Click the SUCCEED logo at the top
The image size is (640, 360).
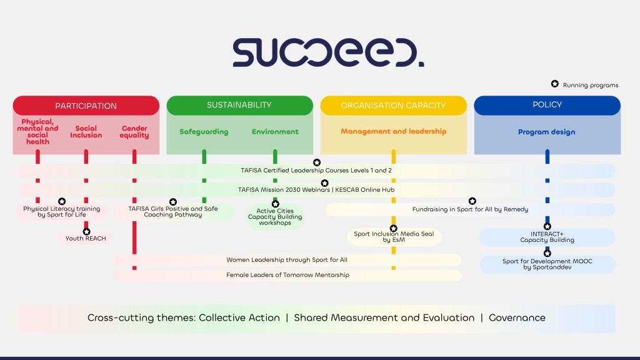tap(328, 53)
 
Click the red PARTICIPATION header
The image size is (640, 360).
tap(86, 106)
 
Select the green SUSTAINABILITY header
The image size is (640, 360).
tap(239, 105)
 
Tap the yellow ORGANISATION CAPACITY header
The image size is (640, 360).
tap(393, 106)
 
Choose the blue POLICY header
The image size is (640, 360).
tap(547, 105)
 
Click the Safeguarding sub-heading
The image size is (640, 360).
tap(204, 132)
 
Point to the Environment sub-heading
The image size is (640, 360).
tap(275, 132)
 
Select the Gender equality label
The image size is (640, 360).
tap(134, 132)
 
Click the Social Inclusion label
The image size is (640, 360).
tap(86, 132)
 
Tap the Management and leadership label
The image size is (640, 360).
tap(393, 132)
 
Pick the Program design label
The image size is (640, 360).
tap(547, 132)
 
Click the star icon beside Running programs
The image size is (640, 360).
tap(554, 84)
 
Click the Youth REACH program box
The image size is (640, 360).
tap(86, 238)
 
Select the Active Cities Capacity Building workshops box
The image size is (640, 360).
tap(275, 217)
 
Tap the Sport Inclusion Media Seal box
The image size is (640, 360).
tap(394, 237)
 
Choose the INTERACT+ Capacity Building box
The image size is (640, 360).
tap(547, 237)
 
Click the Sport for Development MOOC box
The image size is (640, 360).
tap(547, 264)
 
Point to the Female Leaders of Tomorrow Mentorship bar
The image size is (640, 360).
tap(287, 275)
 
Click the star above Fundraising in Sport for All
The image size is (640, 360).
tap(472, 201)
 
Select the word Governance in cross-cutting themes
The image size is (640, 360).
tap(517, 317)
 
